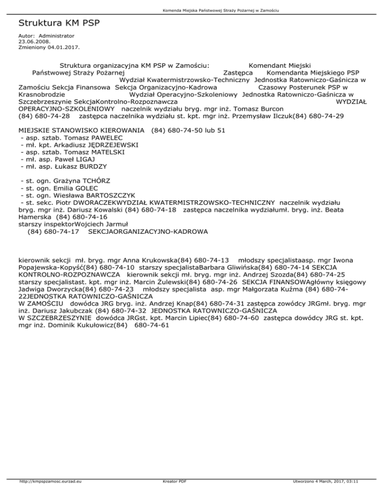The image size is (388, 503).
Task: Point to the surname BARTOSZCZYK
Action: pos(107,194)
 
